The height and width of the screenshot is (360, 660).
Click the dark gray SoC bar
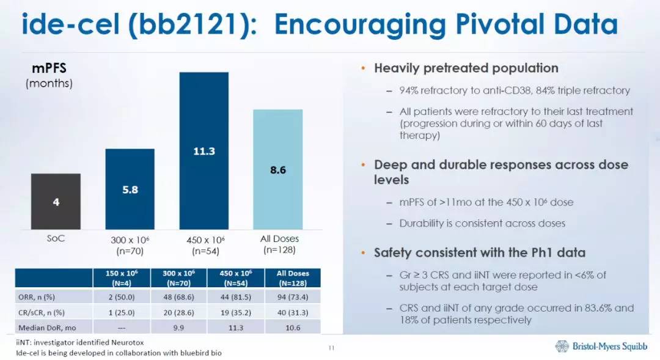click(x=56, y=202)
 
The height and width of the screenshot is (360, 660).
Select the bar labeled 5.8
click(x=130, y=189)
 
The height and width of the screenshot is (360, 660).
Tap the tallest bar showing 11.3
click(x=204, y=151)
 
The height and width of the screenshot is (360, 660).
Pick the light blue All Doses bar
click(x=278, y=170)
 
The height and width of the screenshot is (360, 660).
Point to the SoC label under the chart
click(x=56, y=238)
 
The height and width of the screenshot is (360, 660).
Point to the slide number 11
click(x=331, y=348)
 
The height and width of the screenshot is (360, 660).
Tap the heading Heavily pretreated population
click(x=466, y=68)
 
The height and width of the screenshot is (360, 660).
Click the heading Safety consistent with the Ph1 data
click(x=480, y=252)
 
